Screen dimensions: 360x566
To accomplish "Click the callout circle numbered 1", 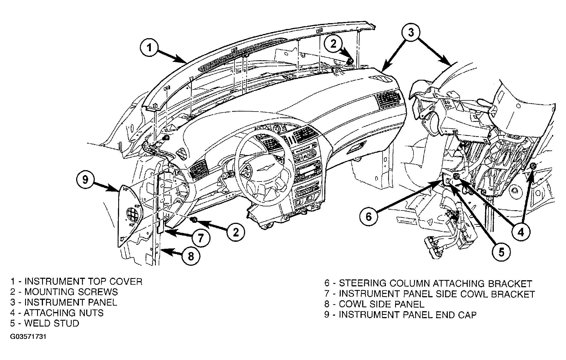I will click(150, 48).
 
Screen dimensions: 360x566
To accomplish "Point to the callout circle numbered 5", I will click(501, 252).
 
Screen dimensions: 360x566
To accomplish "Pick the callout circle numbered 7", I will click(200, 238).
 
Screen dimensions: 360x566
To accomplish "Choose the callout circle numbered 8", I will click(191, 256).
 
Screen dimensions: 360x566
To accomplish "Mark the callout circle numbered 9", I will click(85, 179).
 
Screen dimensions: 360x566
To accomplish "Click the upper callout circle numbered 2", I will click(334, 44).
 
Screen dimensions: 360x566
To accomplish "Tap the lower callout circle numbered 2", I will click(236, 231).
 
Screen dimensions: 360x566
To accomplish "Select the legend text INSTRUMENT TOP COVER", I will click(83, 281).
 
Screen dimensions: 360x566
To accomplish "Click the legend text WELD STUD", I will click(52, 323).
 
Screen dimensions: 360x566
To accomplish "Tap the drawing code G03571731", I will click(28, 337).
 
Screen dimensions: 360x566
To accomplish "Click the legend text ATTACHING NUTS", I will click(64, 313).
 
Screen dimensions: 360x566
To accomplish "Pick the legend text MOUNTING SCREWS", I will click(71, 292).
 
